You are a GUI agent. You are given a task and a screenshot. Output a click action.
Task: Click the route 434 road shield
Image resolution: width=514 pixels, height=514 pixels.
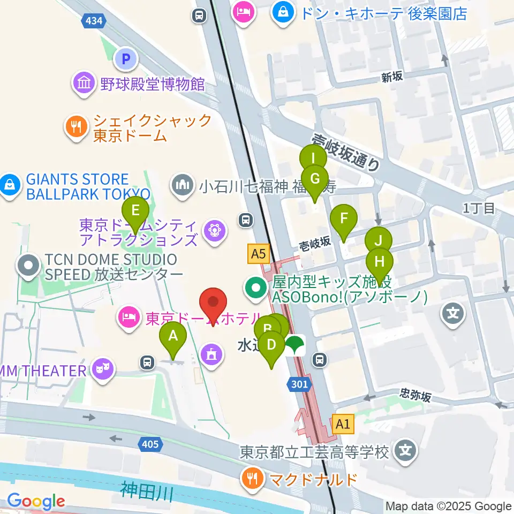click(95, 21)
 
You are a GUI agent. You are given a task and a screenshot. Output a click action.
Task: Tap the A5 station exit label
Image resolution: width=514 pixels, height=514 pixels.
click(257, 254)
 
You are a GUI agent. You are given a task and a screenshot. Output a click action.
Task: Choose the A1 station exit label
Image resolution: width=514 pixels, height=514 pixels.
click(343, 425)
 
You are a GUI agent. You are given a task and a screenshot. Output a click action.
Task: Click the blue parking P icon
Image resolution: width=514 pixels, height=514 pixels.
click(126, 59)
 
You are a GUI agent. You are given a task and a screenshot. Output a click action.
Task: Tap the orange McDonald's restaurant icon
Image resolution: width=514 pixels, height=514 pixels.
click(252, 478)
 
